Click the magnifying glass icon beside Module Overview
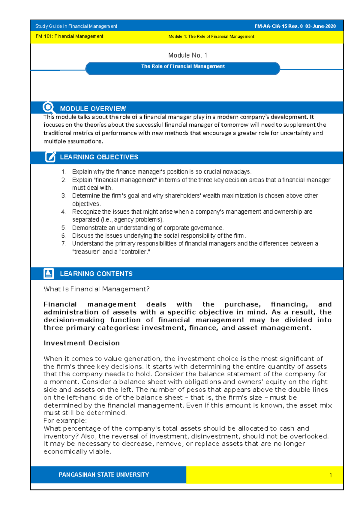pos(48,107)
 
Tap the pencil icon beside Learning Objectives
pos(50,157)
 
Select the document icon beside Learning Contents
pos(49,273)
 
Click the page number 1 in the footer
pos(331,475)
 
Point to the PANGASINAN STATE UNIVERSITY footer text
pos(104,475)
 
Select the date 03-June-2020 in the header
pos(320,26)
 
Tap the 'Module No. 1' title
pos(188,55)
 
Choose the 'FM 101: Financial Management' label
pos(69,36)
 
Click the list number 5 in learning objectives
pos(64,228)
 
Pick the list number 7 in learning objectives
pos(64,244)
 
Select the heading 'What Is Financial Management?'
pos(96,289)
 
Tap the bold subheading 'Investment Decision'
pos(82,343)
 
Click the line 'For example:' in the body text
pos(65,420)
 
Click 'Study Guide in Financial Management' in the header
pos(76,26)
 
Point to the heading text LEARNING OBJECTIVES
pos(99,157)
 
